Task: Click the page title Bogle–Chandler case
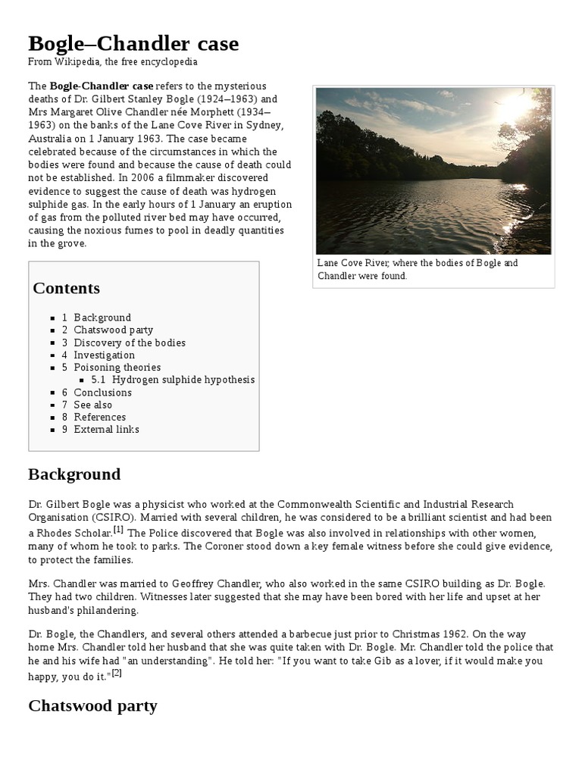tap(133, 44)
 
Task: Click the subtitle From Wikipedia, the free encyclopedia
tap(113, 62)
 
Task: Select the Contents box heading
tap(66, 288)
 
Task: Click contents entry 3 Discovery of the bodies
tap(124, 343)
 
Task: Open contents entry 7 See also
tap(87, 405)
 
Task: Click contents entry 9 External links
tap(101, 430)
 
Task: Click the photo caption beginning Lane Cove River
tap(418, 270)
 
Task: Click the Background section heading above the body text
tap(74, 474)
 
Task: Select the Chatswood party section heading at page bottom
tap(92, 706)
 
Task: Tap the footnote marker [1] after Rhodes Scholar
tap(119, 527)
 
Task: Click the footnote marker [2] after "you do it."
tap(117, 672)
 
